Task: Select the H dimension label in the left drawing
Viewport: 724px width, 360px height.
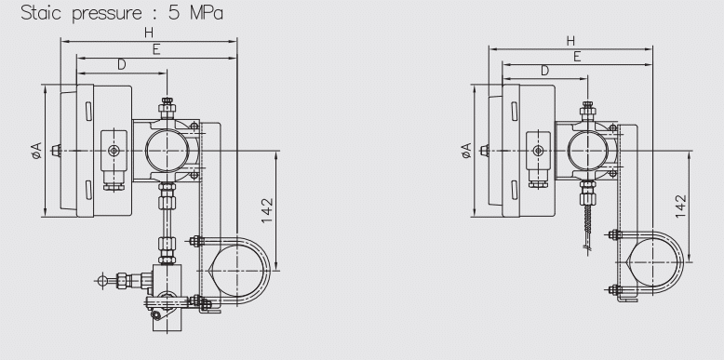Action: [x=149, y=33]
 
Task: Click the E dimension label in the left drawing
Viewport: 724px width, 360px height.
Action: [x=156, y=49]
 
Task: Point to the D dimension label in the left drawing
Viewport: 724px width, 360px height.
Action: [x=121, y=65]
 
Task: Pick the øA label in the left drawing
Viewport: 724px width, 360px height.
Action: [x=36, y=151]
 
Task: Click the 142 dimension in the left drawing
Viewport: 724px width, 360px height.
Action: [x=267, y=210]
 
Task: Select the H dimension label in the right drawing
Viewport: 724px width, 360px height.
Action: [x=570, y=41]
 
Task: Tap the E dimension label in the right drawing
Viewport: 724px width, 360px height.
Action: [x=577, y=57]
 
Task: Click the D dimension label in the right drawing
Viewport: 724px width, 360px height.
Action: [x=544, y=71]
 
